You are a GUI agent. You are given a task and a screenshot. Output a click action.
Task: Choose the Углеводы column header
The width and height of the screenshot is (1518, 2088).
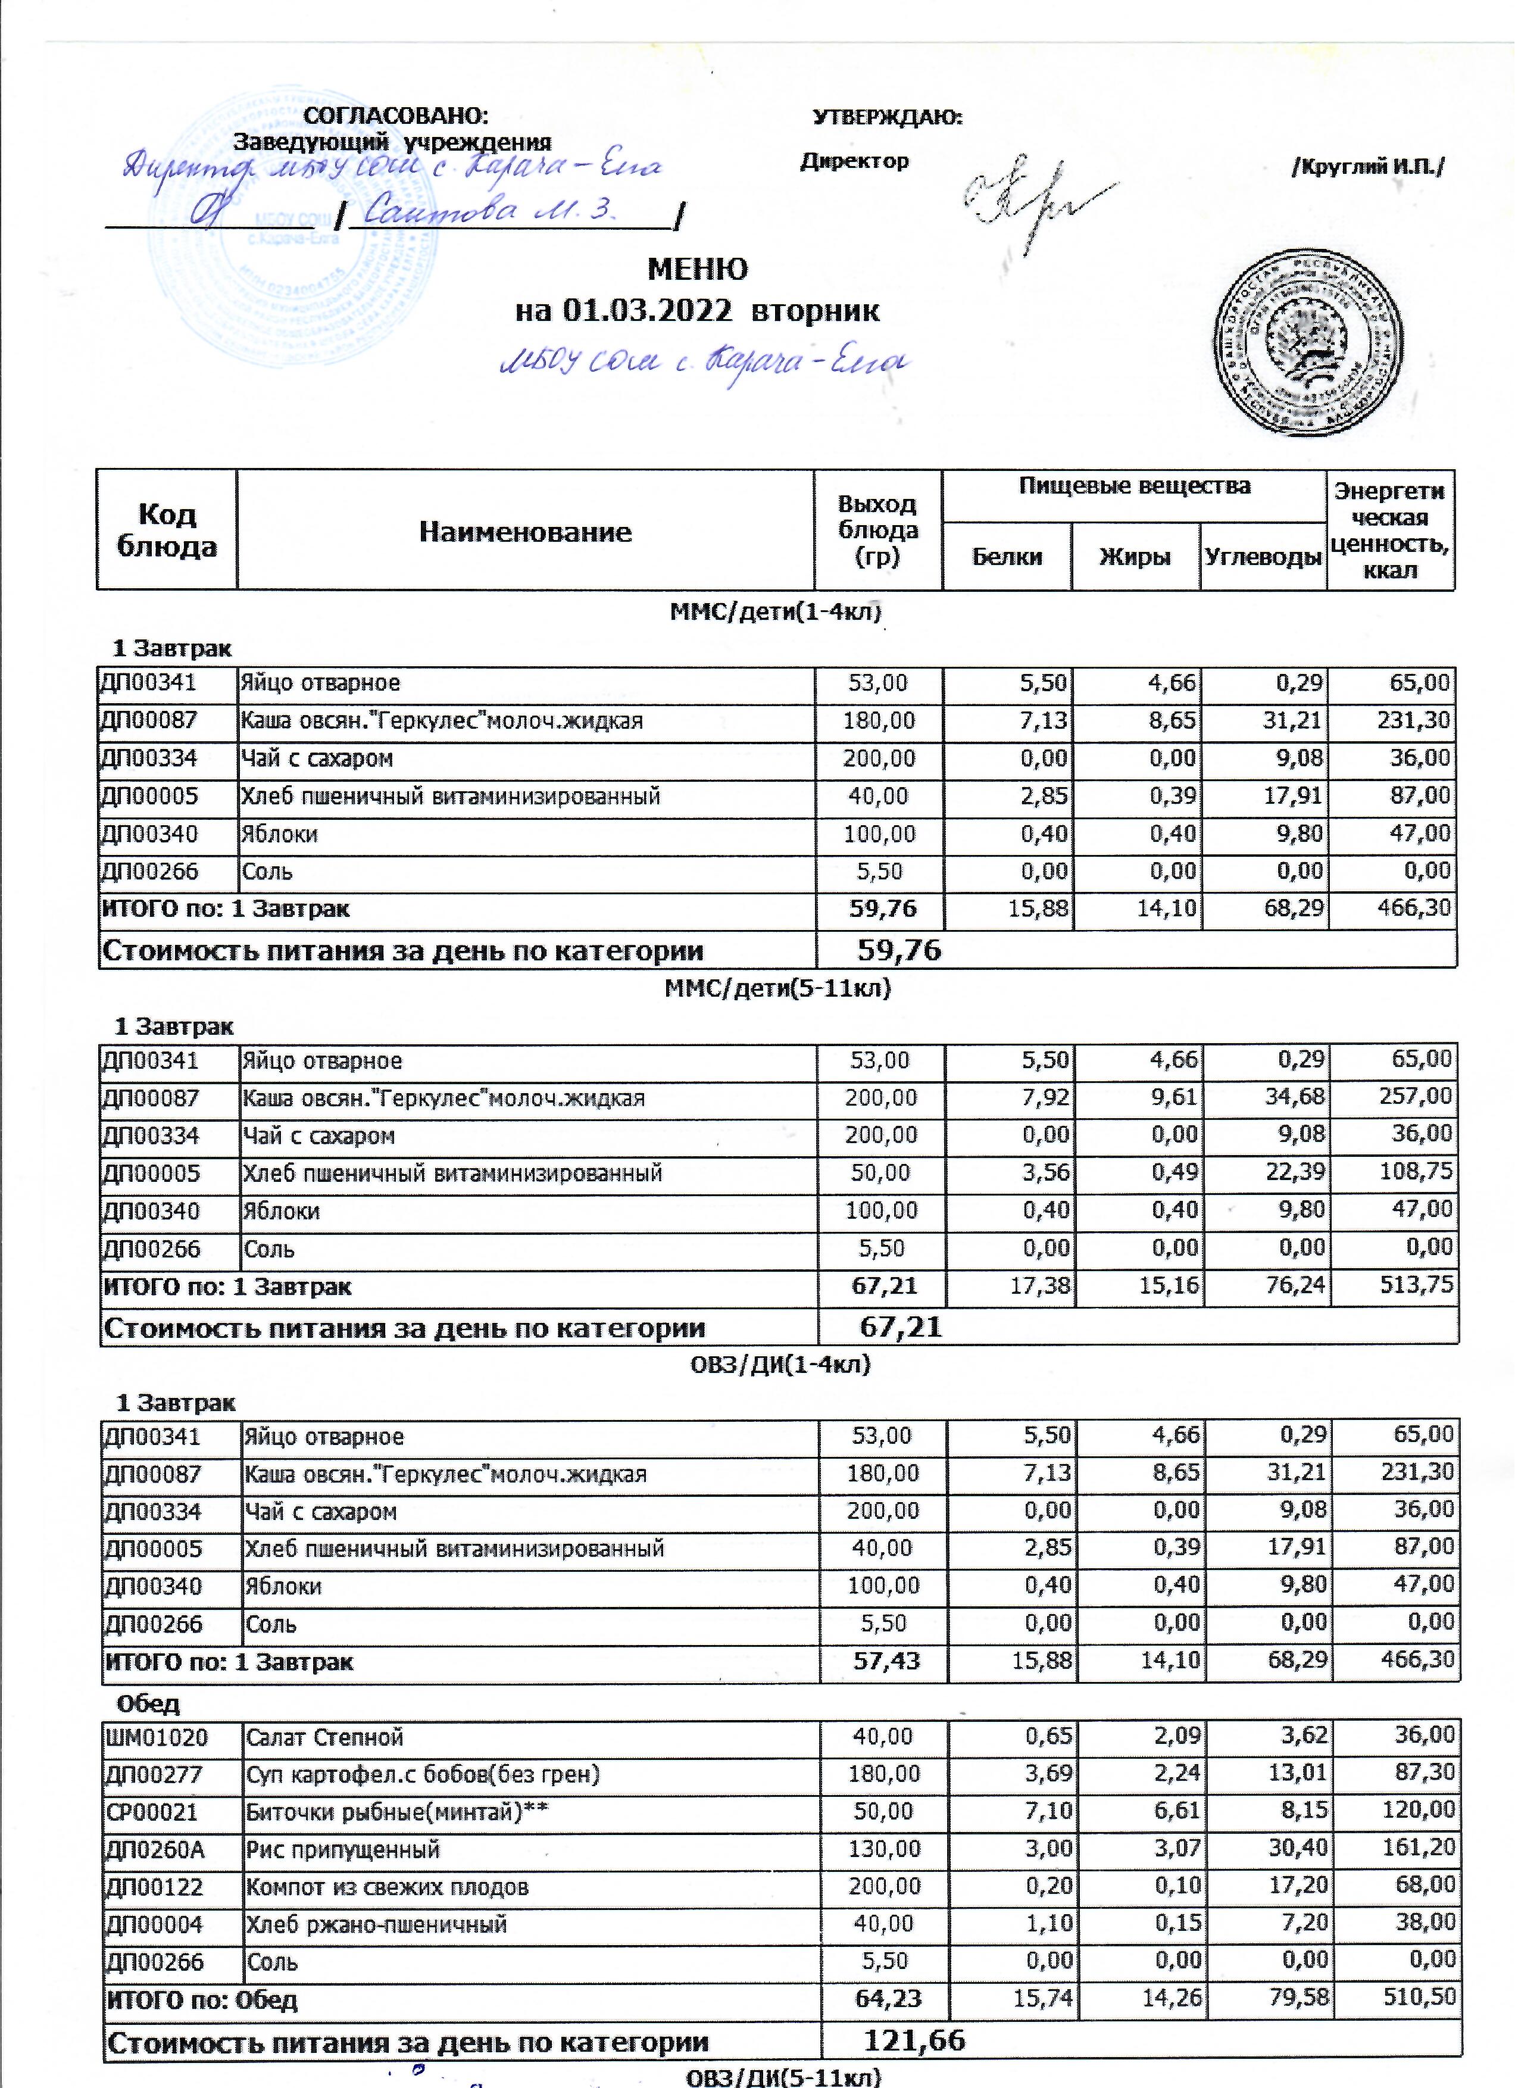point(1263,557)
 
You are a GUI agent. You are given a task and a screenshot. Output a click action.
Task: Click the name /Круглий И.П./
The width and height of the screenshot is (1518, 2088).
point(1368,167)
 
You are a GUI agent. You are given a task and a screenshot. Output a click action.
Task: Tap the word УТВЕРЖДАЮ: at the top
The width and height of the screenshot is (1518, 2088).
point(888,118)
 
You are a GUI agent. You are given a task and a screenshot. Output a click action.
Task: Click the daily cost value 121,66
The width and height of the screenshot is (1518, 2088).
point(914,2041)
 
